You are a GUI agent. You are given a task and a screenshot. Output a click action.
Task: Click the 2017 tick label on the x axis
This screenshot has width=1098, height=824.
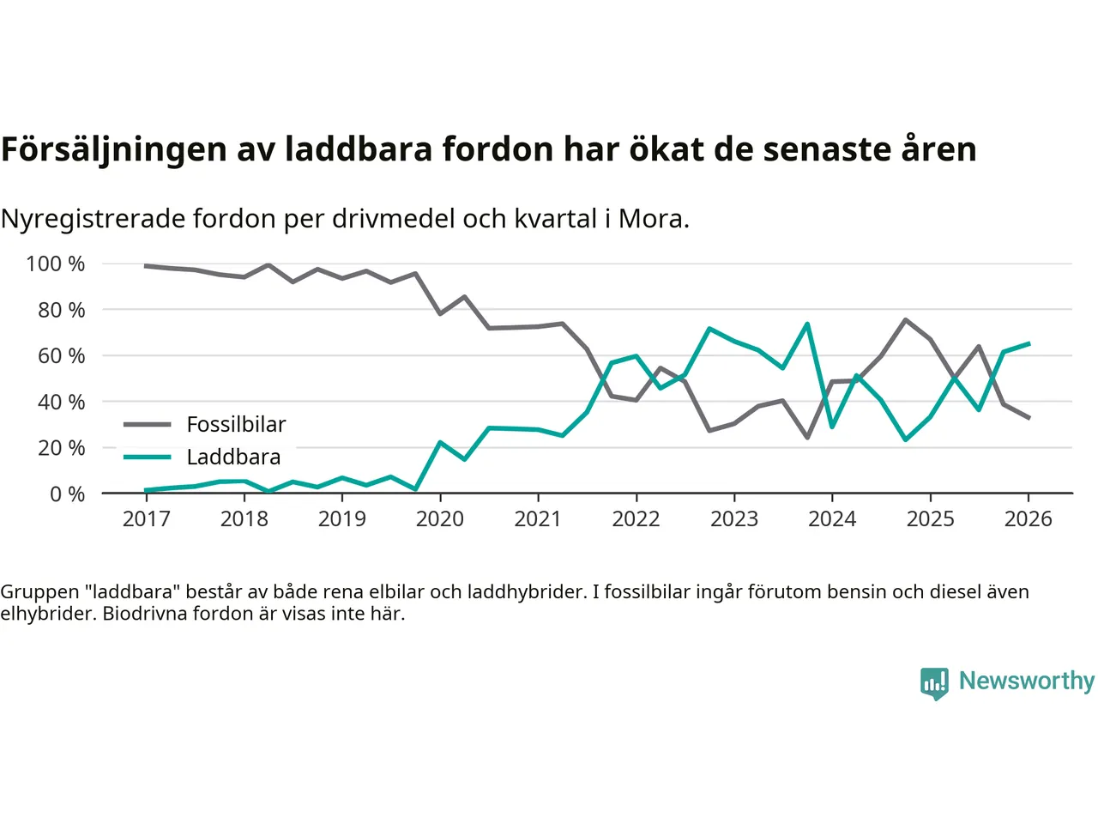146,518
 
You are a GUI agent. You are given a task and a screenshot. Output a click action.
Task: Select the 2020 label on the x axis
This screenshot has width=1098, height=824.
440,518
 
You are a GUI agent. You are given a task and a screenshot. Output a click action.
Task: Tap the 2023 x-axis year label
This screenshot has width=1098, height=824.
734,518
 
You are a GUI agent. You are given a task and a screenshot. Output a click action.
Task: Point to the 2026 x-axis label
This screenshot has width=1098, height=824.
1028,518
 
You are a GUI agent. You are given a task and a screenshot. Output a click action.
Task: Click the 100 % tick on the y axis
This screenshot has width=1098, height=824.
56,264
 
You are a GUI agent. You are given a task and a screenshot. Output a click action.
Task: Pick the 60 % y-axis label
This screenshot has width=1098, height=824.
61,355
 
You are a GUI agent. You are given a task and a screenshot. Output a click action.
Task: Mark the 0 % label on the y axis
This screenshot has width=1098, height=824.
67,494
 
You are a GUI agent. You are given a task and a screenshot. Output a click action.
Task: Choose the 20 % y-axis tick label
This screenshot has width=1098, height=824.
61,447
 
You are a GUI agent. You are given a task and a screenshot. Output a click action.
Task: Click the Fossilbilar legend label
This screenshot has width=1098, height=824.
236,424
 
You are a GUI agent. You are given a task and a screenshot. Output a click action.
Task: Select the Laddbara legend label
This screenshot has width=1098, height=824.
233,457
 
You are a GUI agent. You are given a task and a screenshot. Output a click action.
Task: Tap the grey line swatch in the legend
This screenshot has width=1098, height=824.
147,424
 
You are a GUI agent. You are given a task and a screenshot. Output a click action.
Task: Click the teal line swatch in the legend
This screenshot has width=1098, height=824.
147,457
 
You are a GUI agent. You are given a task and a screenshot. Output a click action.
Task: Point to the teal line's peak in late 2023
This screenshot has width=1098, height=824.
807,324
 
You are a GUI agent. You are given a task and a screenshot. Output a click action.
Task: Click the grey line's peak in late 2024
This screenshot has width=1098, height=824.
905,320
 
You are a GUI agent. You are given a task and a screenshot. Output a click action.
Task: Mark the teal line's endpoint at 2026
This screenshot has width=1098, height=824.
1029,343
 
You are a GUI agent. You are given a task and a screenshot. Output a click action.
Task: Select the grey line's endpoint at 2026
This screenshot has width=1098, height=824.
1029,417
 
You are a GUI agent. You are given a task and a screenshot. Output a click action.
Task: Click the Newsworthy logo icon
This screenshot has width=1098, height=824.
934,683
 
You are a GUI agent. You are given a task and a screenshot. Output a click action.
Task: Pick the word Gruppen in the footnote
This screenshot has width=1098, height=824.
39,591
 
